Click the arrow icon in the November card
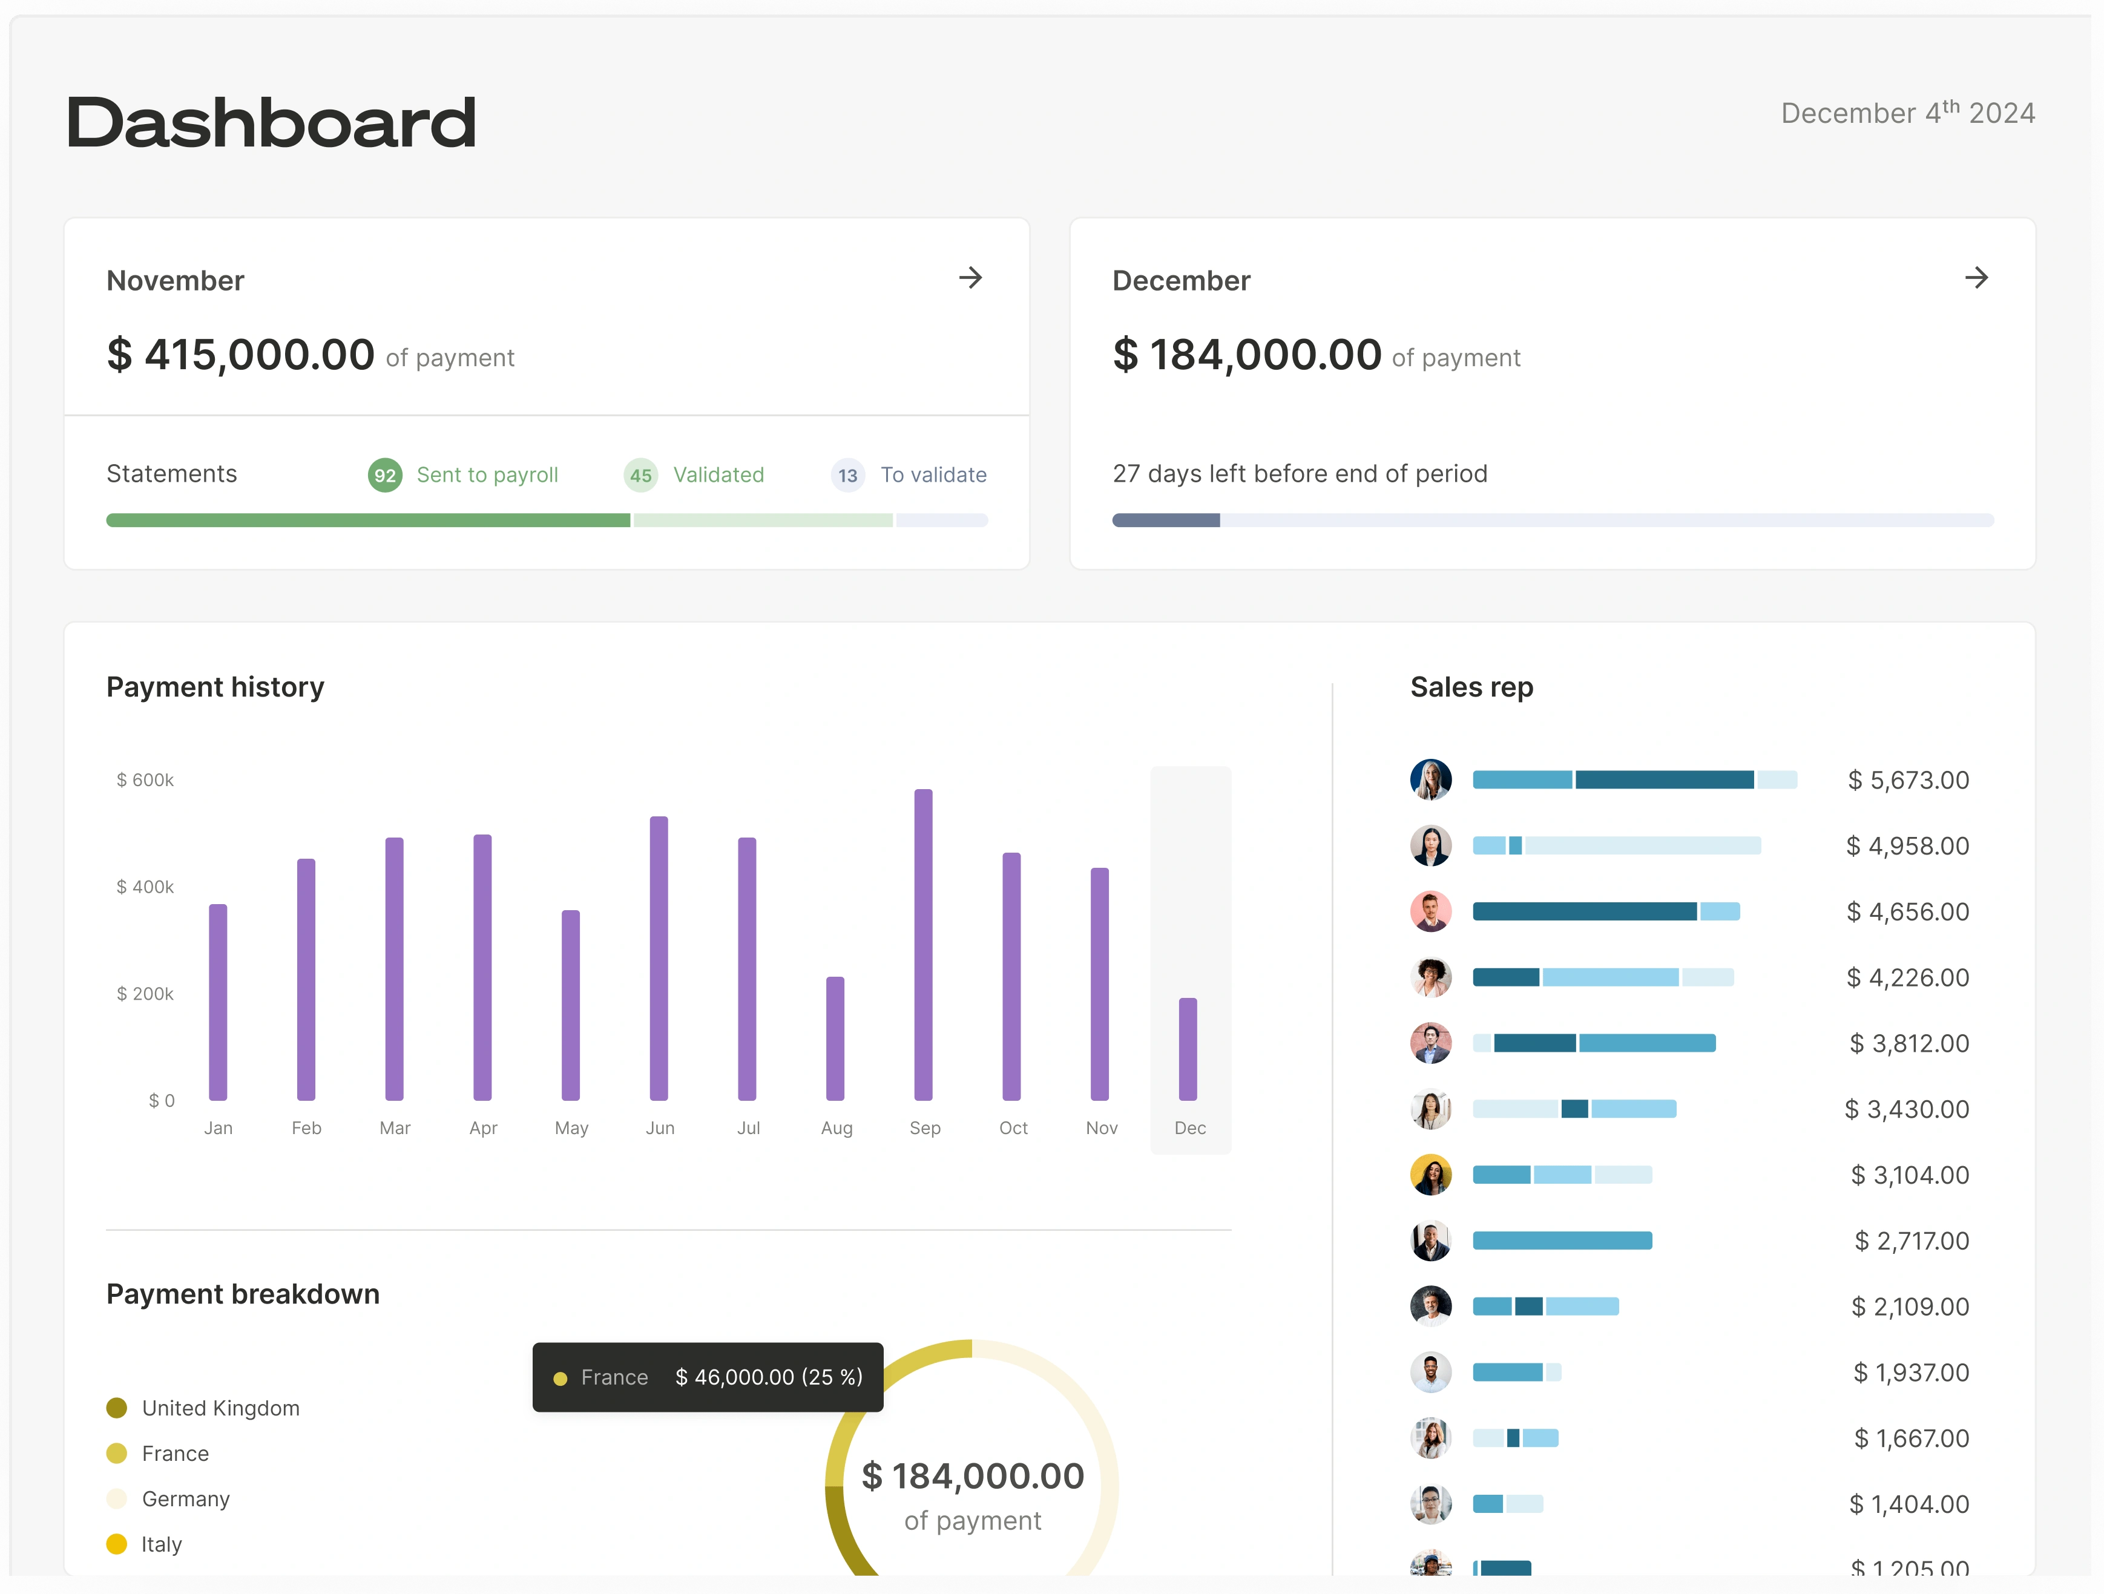click(970, 278)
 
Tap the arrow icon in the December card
click(1976, 278)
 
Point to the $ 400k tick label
click(145, 887)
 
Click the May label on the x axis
click(571, 1128)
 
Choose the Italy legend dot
click(116, 1544)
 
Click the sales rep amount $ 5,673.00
click(1907, 780)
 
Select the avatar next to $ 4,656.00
click(1430, 911)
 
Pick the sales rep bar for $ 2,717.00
click(1561, 1240)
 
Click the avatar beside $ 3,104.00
click(1430, 1175)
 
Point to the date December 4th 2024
click(1907, 113)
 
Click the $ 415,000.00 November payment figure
click(241, 355)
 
